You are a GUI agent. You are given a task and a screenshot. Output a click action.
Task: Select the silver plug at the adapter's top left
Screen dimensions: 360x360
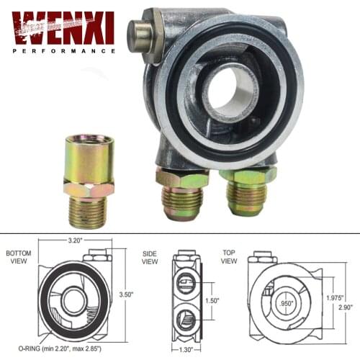pyautogui.click(x=141, y=33)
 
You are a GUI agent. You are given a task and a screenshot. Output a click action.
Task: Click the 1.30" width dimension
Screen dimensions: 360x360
pyautogui.click(x=186, y=350)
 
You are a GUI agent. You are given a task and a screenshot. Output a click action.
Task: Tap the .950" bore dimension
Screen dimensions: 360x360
pyautogui.click(x=287, y=303)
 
